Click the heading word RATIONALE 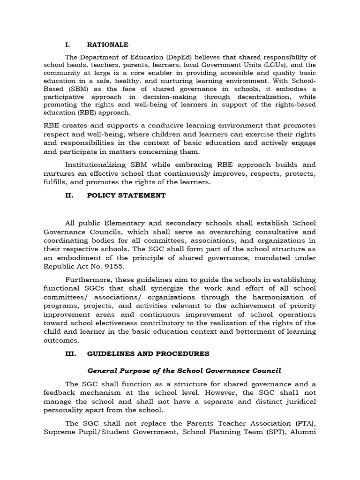tap(107, 45)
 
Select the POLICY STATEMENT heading tap(126, 195)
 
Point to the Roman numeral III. tap(70, 353)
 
